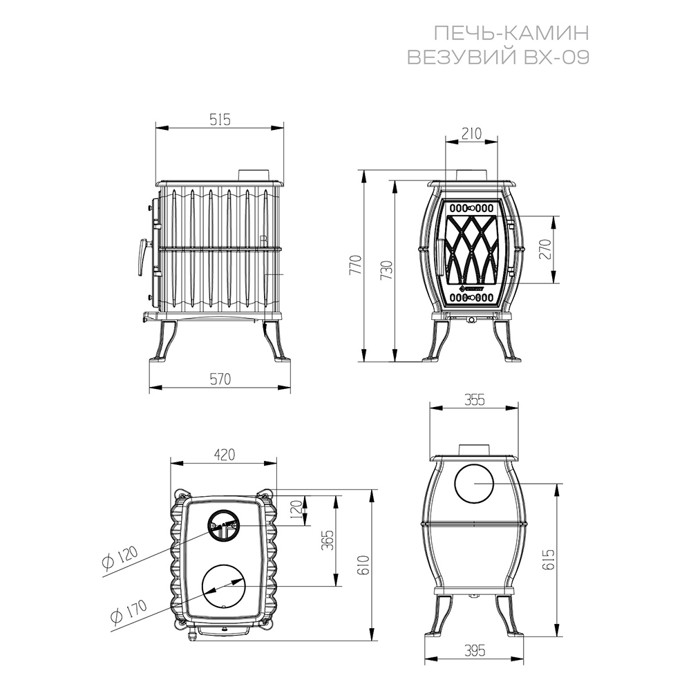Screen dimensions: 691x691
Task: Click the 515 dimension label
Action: [220, 120]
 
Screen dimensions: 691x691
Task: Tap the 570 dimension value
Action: [220, 379]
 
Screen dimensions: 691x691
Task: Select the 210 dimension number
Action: [472, 133]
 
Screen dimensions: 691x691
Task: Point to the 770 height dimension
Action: [356, 265]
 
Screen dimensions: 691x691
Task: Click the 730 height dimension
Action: [386, 271]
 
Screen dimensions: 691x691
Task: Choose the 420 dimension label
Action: [225, 455]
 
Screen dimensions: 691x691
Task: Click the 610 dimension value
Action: [364, 565]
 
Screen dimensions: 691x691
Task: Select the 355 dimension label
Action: [474, 399]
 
